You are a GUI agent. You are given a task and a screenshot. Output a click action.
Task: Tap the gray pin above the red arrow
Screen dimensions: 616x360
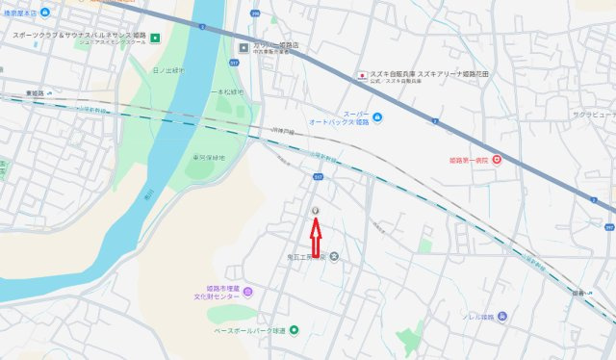coord(315,210)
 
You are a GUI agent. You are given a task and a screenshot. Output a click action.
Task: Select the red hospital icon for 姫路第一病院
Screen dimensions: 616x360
coord(497,160)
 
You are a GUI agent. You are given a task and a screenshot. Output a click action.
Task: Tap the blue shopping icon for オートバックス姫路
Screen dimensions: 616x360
coord(377,118)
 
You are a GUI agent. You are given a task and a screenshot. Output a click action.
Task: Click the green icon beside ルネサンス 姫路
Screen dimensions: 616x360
coord(154,39)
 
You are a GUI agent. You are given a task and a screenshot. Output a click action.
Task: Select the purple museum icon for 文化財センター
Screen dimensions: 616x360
coord(248,292)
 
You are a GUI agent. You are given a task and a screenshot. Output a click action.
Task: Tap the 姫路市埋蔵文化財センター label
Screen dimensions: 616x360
coord(223,292)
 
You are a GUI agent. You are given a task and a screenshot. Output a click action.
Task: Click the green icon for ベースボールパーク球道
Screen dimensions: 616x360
coord(295,330)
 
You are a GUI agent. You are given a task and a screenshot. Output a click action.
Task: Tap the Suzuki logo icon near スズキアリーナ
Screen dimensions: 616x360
coord(361,74)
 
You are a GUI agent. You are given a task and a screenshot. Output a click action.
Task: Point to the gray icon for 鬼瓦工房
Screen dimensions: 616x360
coord(335,255)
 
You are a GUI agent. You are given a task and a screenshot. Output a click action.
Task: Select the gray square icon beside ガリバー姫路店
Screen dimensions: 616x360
coord(244,46)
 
